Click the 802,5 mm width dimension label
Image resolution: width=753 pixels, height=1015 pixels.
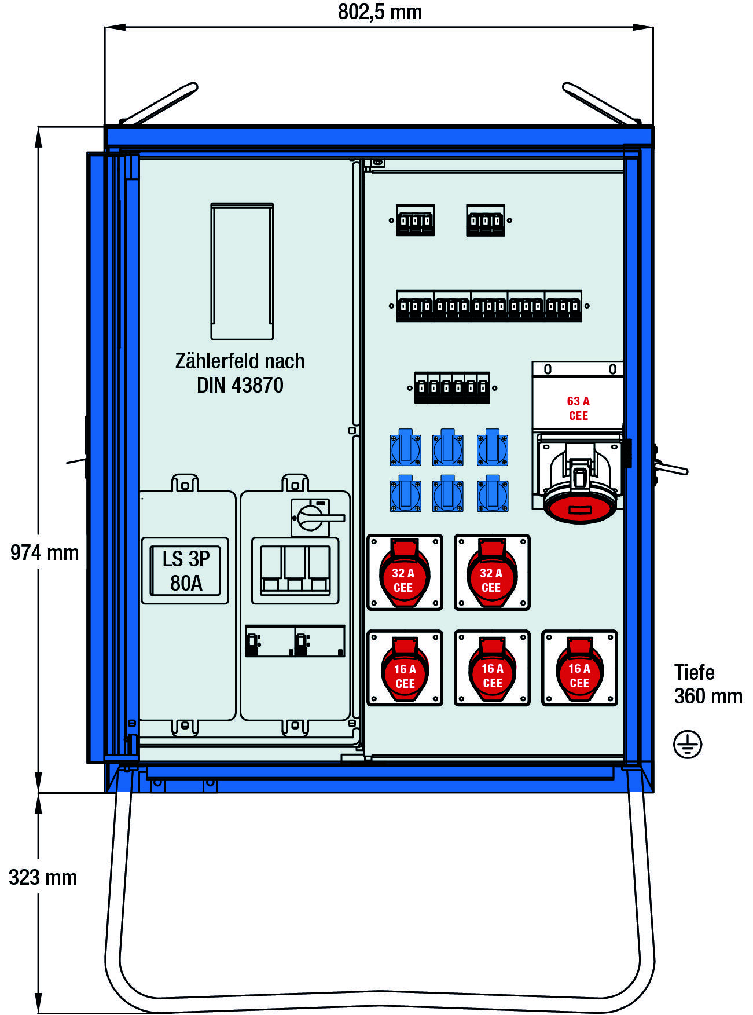click(380, 12)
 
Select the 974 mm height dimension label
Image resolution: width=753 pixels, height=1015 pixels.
click(45, 552)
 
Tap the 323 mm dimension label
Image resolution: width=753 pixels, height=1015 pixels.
click(43, 877)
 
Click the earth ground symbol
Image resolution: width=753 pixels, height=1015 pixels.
click(688, 744)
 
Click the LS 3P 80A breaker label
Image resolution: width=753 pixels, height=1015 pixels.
click(185, 571)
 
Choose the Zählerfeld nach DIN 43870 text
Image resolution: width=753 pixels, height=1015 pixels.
click(240, 373)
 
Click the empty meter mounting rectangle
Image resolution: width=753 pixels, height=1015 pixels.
click(242, 271)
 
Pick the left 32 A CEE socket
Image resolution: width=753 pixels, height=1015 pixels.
click(405, 573)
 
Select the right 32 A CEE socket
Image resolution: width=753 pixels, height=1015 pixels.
click(492, 573)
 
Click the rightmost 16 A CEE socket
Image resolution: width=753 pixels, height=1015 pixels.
click(579, 668)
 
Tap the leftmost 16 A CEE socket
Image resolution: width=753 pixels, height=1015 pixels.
click(405, 668)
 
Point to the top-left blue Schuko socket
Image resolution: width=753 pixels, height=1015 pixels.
click(405, 448)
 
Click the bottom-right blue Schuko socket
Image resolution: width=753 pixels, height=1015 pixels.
click(493, 494)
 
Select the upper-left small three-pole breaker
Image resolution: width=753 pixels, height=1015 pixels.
click(415, 220)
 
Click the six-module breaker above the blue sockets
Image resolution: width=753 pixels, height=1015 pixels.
click(452, 387)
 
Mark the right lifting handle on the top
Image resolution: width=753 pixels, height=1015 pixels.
click(602, 104)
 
